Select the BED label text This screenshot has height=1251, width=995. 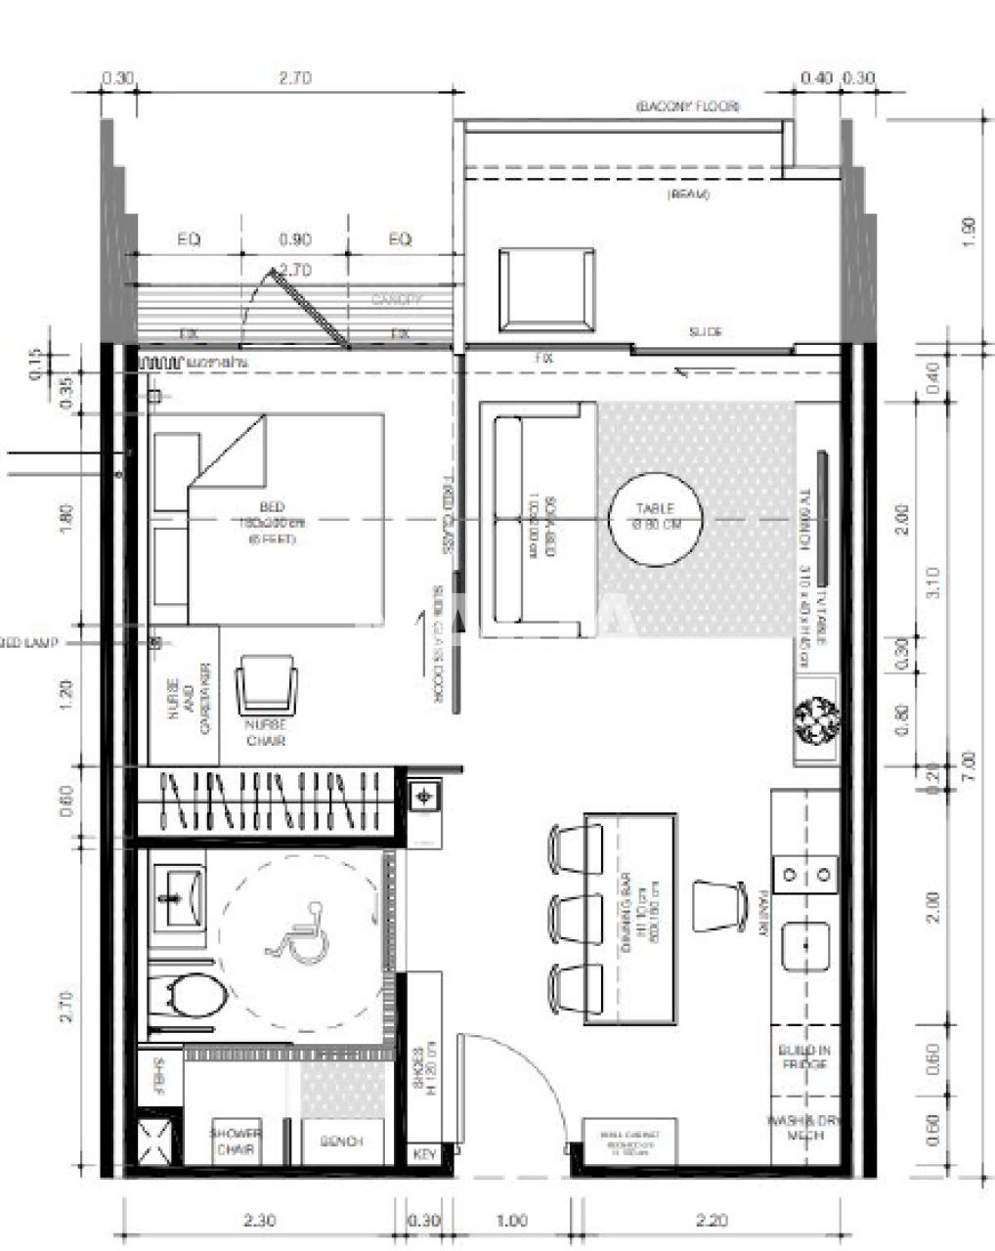272,507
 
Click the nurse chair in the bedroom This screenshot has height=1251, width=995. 267,685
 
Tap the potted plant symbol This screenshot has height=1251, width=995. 816,720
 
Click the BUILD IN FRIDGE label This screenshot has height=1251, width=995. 804,1057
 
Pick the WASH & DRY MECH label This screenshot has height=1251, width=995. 804,1128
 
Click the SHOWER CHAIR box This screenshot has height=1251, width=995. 235,1141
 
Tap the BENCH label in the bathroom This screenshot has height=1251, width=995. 341,1141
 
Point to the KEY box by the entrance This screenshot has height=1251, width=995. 424,1154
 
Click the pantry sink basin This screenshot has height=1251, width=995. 805,946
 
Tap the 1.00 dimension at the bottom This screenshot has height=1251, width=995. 511,1220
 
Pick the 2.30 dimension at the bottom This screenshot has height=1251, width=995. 258,1220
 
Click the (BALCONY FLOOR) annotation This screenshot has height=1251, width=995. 687,106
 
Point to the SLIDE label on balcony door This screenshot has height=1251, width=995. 705,332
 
